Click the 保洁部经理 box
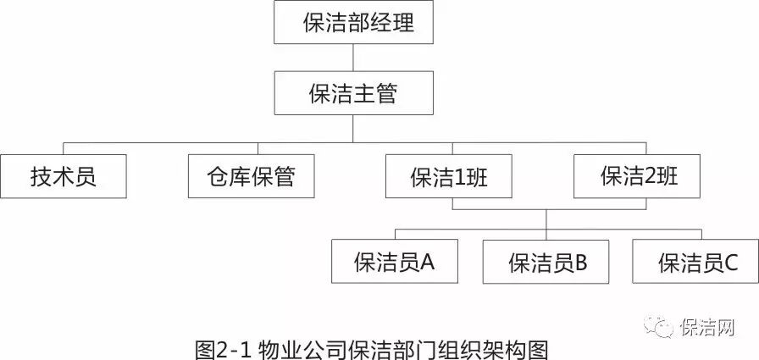pos(353,23)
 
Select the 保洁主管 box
pos(353,92)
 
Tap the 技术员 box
pos(64,176)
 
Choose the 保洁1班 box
pos(449,176)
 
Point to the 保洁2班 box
pos(638,176)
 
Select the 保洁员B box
pos(546,262)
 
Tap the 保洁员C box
pos(695,262)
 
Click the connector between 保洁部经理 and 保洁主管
pos(353,58)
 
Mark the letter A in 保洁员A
pos(427,262)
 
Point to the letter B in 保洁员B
pos(580,263)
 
